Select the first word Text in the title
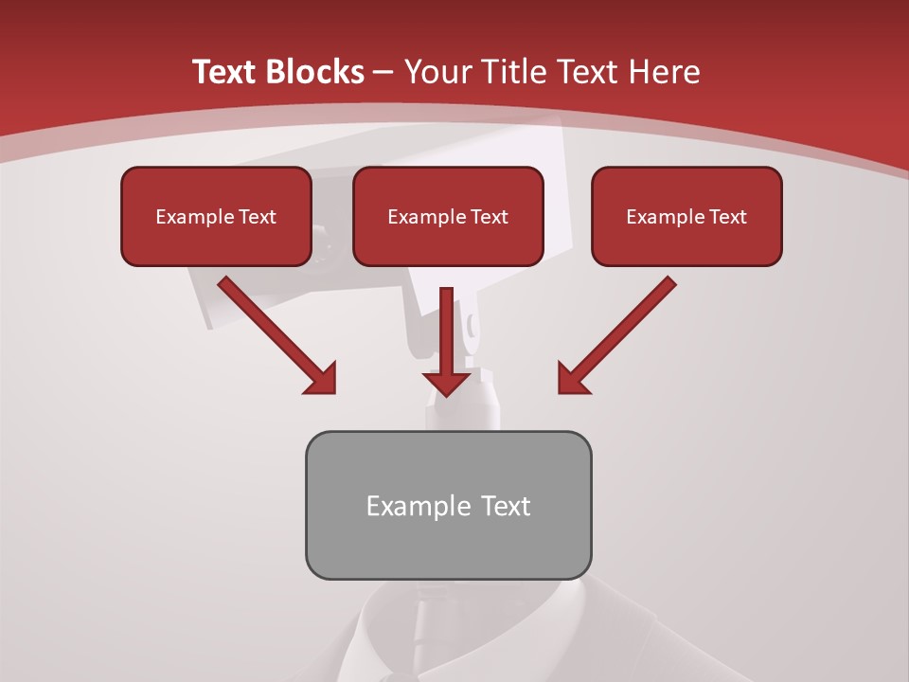pos(227,72)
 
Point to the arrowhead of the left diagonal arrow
pos(320,379)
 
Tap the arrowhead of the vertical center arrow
pos(447,383)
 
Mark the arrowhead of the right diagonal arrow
pos(573,379)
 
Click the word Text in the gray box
pos(506,506)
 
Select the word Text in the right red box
pos(726,217)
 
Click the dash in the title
pos(383,72)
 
